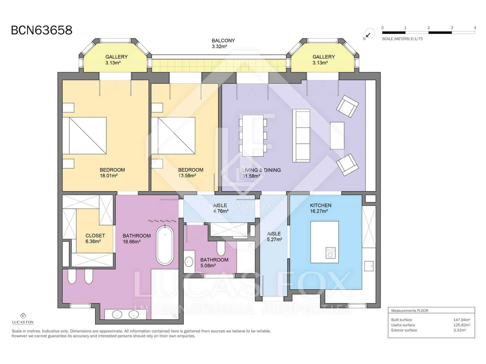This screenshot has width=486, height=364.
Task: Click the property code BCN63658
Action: tap(42, 30)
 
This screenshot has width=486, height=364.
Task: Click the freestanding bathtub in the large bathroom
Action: tap(165, 246)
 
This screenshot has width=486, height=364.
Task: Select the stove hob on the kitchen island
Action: tap(330, 253)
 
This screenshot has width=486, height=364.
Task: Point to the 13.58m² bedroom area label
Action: tap(187, 176)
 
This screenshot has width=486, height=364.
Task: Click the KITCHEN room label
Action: tap(320, 205)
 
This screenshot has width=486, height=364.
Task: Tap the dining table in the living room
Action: tap(253, 135)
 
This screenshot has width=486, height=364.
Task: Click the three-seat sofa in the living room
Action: tap(301, 136)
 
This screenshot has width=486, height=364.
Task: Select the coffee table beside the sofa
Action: tap(337, 136)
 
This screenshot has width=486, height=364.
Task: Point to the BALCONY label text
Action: tap(223, 41)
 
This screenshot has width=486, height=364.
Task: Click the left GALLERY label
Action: tap(116, 57)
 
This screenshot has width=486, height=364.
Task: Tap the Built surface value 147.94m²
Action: tap(462, 320)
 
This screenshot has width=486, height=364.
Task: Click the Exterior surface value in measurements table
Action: tap(460, 330)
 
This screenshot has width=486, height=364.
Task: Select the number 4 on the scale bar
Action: tap(475, 28)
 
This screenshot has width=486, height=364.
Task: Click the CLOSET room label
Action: tap(95, 236)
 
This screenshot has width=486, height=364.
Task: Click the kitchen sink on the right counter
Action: tap(369, 266)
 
